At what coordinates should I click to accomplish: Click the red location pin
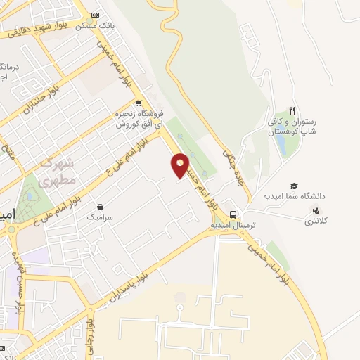(x=180, y=165)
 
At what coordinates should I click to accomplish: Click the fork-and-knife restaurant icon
(x=292, y=112)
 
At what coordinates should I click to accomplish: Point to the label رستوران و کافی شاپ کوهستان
(x=292, y=127)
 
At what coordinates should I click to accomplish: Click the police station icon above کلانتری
(x=315, y=210)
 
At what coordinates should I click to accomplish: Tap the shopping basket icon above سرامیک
(x=101, y=207)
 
